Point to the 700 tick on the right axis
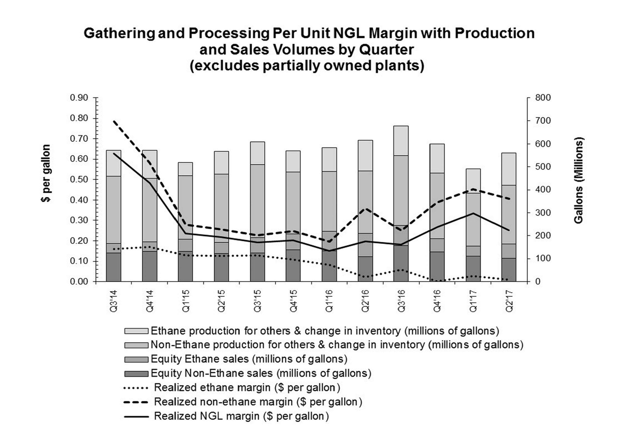click(543, 121)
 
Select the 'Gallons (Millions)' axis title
click(578, 180)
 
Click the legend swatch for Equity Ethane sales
click(136, 359)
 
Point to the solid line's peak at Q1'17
click(473, 213)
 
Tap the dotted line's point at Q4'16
click(437, 281)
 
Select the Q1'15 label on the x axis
click(186, 301)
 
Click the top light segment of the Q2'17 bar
click(509, 169)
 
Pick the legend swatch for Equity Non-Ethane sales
click(136, 374)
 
